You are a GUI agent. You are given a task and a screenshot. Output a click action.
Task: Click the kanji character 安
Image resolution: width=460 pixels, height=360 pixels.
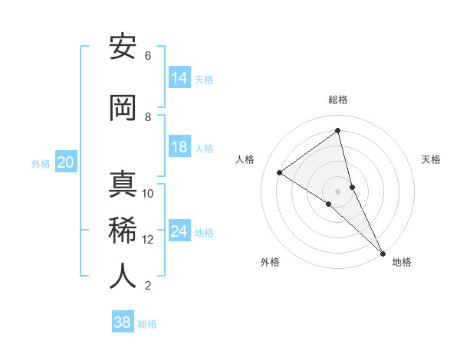tap(123, 47)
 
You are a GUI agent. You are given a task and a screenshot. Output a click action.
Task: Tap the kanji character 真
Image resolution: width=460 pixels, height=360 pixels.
tap(123, 184)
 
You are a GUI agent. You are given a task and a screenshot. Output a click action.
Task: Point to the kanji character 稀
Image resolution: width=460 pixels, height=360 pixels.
tap(123, 230)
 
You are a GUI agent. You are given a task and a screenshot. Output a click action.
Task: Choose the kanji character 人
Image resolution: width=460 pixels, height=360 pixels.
tap(123, 276)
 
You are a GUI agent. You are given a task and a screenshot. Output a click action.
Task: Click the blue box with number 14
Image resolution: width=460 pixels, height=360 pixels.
tap(179, 78)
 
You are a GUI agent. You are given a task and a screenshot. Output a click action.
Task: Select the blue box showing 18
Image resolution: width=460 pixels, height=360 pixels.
tap(179, 147)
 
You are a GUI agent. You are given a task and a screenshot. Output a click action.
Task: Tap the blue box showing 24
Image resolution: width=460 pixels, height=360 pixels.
tap(179, 231)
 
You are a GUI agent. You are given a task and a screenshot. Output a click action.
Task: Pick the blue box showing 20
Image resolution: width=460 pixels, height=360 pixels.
tap(65, 162)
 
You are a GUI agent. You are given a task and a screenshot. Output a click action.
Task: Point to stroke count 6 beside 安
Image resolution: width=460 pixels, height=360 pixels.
tap(148, 56)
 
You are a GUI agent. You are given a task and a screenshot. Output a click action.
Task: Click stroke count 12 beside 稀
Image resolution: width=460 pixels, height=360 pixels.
tap(147, 240)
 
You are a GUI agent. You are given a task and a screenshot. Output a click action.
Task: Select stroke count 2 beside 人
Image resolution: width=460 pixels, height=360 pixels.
tap(148, 286)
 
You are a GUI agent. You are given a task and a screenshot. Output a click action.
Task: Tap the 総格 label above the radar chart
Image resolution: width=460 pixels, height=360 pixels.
tap(338, 100)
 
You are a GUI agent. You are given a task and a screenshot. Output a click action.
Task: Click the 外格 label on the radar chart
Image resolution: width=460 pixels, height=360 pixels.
tap(269, 262)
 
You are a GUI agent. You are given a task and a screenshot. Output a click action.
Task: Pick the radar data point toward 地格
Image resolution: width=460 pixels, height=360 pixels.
tap(382, 253)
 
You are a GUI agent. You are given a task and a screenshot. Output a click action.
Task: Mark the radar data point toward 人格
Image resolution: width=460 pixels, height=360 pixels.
tap(280, 172)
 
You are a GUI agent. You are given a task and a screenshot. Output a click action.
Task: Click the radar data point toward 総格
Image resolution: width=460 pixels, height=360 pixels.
tap(338, 131)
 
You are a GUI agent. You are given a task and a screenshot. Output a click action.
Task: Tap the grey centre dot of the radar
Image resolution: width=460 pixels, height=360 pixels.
tap(338, 191)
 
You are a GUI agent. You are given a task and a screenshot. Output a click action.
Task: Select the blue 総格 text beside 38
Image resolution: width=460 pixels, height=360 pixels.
tap(147, 324)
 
